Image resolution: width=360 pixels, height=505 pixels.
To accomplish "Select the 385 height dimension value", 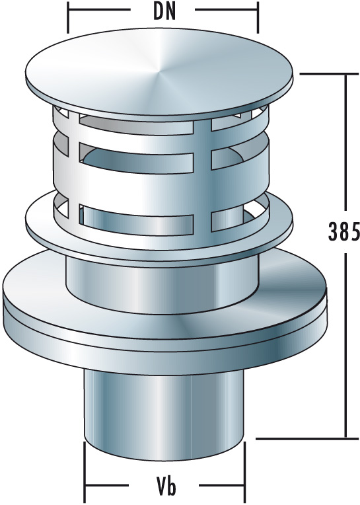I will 343,231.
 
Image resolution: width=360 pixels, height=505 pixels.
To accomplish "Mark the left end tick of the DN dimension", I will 69,19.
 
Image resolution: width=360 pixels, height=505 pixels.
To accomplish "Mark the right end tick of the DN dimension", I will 258,19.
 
